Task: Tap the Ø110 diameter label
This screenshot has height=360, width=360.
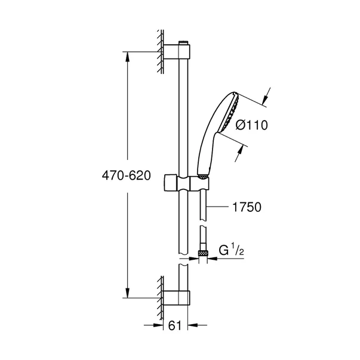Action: point(250,125)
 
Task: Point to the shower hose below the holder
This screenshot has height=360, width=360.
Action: point(204,215)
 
